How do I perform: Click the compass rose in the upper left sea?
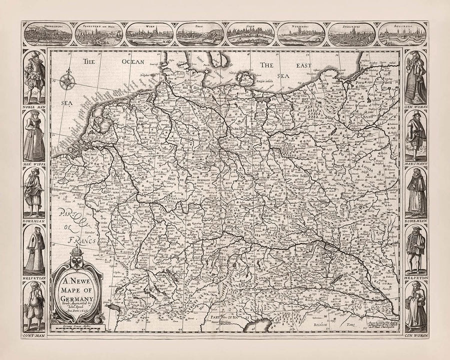point(67,81)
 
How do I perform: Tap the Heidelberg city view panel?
point(48,34)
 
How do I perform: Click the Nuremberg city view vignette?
point(301,34)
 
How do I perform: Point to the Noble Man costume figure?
point(33,77)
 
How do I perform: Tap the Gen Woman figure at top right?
point(415,77)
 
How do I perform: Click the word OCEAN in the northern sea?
point(131,61)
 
